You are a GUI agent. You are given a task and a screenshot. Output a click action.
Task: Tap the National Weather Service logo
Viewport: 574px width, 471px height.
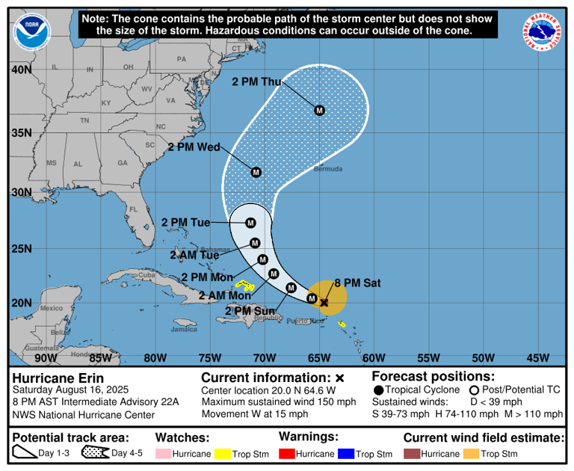pyautogui.click(x=543, y=33)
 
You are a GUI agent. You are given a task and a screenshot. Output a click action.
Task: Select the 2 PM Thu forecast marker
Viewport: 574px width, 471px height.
pyautogui.click(x=319, y=111)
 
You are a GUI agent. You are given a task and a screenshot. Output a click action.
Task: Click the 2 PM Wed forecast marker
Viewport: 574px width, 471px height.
pyautogui.click(x=256, y=172)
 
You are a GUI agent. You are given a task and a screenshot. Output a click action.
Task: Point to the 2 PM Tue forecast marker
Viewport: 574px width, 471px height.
pyautogui.click(x=250, y=223)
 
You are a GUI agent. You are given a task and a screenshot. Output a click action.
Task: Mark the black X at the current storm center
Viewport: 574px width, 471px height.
pyautogui.click(x=324, y=303)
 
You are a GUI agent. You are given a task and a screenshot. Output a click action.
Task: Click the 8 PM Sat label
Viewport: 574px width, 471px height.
pyautogui.click(x=357, y=283)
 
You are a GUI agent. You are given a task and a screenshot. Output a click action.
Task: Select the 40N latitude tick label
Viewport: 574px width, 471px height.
pyautogui.click(x=21, y=70)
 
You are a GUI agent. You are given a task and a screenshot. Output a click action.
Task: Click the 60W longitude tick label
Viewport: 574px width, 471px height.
pyautogui.click(x=374, y=357)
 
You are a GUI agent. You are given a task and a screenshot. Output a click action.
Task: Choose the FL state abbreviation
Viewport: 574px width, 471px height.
pyautogui.click(x=134, y=209)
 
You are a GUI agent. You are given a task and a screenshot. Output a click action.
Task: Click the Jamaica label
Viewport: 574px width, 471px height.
pyautogui.click(x=184, y=329)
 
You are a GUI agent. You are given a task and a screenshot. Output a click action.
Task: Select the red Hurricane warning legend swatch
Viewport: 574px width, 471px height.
pyautogui.click(x=288, y=454)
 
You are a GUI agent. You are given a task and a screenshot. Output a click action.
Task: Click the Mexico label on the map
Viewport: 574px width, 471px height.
pyautogui.click(x=52, y=308)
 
